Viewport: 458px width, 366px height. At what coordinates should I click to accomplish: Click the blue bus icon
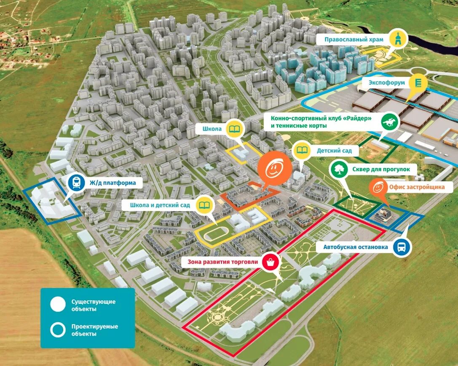(x=402, y=247)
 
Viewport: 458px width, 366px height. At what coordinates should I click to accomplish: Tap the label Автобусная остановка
(x=356, y=247)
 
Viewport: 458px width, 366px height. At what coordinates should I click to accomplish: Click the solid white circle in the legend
(x=58, y=305)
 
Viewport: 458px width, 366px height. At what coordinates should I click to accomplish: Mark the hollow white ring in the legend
(x=58, y=330)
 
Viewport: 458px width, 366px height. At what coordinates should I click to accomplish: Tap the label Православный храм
(x=354, y=40)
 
